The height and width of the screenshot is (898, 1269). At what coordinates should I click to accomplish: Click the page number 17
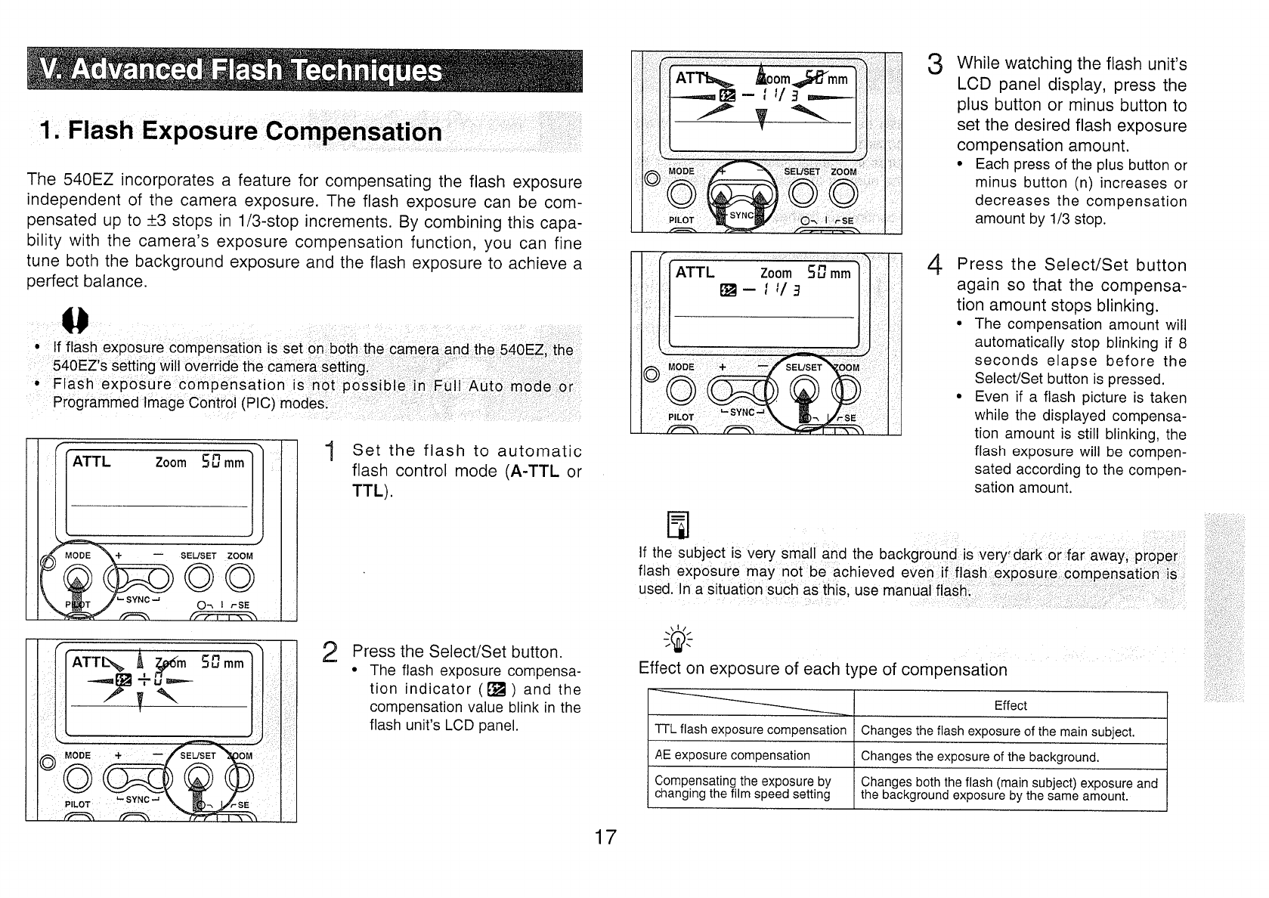click(605, 838)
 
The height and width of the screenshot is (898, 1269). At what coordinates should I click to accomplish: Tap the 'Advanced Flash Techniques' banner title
click(241, 71)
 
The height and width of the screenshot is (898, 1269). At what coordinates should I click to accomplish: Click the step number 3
click(935, 65)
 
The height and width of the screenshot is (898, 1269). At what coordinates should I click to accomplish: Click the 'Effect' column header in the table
click(1010, 706)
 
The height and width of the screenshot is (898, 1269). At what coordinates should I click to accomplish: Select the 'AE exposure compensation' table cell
click(732, 755)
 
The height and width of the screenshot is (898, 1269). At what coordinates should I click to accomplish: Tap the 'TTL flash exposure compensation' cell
click(750, 730)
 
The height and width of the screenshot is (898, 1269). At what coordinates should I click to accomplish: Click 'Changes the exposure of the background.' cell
click(980, 757)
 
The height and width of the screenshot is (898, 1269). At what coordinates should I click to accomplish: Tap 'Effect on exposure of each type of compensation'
click(822, 670)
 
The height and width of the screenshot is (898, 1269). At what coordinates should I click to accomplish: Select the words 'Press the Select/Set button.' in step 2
click(457, 652)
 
